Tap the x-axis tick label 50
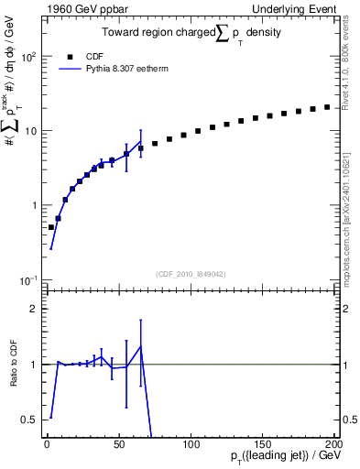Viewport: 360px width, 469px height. point(119,443)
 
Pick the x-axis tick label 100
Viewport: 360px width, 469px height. point(191,443)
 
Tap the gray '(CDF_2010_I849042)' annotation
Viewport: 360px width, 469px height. point(190,272)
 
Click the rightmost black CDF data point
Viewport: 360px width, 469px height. point(327,107)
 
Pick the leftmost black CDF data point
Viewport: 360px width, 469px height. point(51,227)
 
